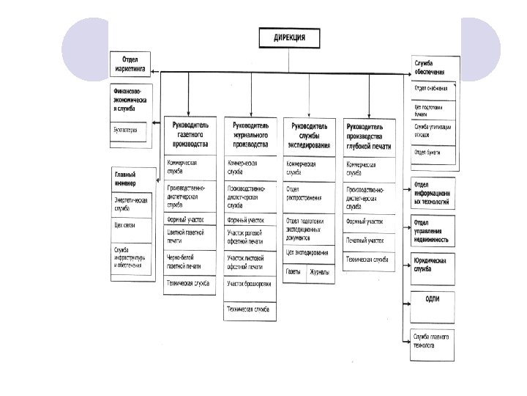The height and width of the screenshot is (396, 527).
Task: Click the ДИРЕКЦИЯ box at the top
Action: [x=291, y=38]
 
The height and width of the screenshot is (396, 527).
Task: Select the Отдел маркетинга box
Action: [x=130, y=64]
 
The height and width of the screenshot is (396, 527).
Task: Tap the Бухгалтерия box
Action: [x=129, y=131]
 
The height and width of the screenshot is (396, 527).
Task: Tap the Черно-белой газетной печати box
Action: [x=190, y=263]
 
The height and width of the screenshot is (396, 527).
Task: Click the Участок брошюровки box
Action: [x=250, y=284]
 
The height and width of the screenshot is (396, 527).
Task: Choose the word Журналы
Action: [x=320, y=272]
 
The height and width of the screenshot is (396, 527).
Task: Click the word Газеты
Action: [x=294, y=272]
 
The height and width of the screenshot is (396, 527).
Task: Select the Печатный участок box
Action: [x=370, y=240]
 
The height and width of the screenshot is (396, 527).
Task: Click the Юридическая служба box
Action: [x=433, y=265]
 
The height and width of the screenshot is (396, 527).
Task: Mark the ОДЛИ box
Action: [x=433, y=298]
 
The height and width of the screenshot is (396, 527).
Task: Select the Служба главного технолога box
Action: [x=433, y=339]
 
